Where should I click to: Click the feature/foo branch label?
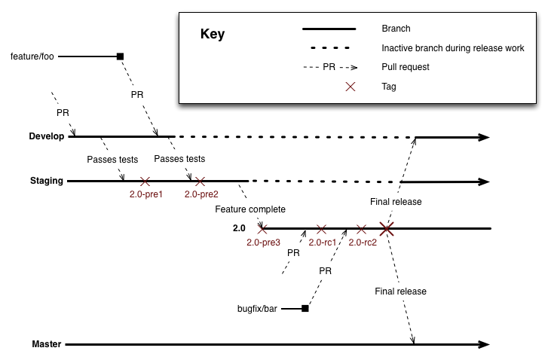33,56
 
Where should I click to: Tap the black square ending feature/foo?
119,56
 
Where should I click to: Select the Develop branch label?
46,136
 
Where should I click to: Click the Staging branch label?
47,181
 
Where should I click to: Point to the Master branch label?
47,344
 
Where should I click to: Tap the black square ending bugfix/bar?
305,308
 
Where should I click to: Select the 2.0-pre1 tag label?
146,194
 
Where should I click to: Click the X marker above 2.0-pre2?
200,182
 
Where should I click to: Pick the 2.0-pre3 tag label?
263,242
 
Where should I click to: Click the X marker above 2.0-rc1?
322,228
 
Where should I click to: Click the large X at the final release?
387,228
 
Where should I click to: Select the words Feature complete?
250,209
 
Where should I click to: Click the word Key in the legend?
213,35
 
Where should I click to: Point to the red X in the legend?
350,87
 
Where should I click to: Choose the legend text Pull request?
406,67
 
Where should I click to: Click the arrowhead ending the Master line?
485,344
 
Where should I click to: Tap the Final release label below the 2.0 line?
400,291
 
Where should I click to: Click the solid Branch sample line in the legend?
329,29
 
